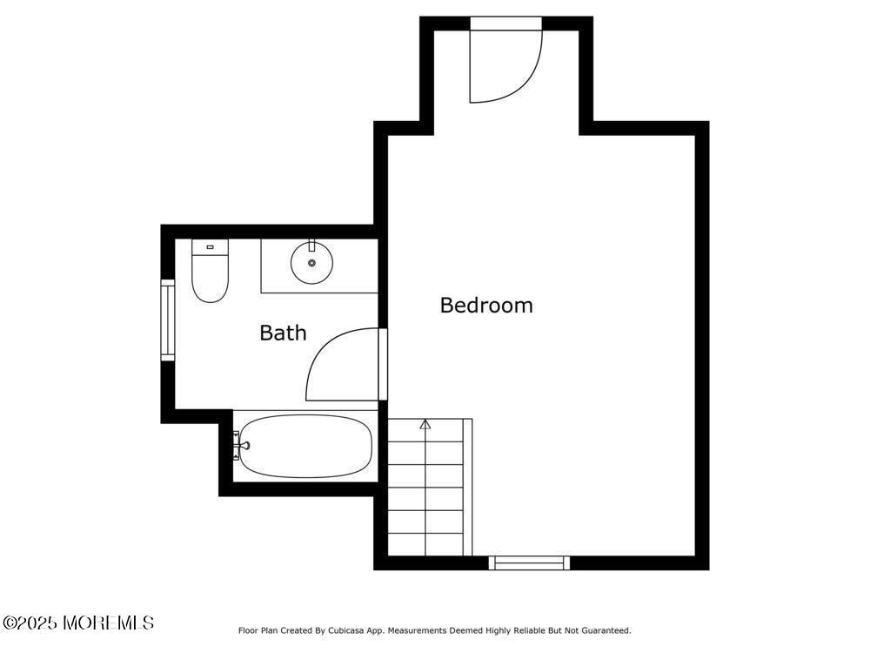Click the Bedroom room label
click(x=485, y=306)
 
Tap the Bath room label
click(x=283, y=333)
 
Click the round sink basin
click(x=311, y=263)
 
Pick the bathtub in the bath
click(x=304, y=446)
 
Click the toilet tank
click(x=209, y=247)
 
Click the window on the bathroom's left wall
click(x=167, y=320)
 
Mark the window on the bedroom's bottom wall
click(x=529, y=562)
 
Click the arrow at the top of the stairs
click(x=425, y=425)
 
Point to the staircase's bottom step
click(x=425, y=543)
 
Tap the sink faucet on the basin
click(x=311, y=247)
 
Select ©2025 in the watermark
click(x=30, y=623)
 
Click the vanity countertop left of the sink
click(x=276, y=265)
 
